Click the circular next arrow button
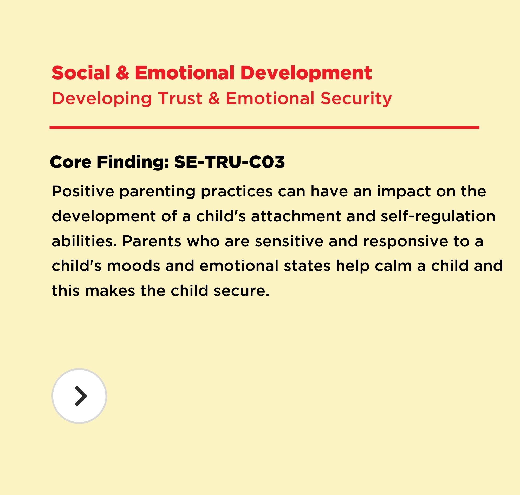tap(79, 396)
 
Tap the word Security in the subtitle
tap(356, 99)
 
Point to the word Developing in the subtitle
tap(102, 99)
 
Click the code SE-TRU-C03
tap(229, 162)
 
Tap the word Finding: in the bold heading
tap(133, 162)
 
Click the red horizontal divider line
tap(264, 127)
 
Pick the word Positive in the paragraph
tap(83, 191)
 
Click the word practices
tap(237, 192)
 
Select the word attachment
tap(296, 216)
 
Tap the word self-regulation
tap(438, 217)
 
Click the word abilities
tap(84, 241)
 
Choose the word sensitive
tap(289, 241)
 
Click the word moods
tap(133, 266)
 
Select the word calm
tap(393, 266)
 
